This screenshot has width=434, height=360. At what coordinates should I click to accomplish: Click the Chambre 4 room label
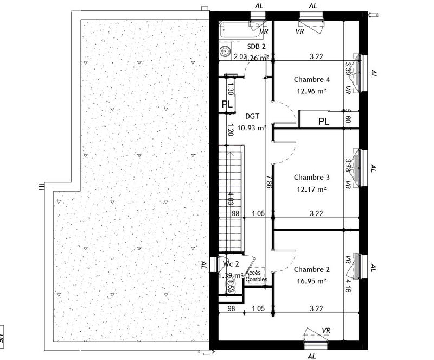311,79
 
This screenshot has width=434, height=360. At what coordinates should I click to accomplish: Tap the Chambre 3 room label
311,177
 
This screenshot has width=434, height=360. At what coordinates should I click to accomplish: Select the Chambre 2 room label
311,269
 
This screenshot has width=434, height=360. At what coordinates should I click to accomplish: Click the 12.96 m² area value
311,92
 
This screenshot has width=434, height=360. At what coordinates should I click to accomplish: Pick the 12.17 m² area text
311,190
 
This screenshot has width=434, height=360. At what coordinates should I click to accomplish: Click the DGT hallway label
252,116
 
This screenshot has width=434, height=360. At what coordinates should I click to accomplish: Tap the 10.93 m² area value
252,128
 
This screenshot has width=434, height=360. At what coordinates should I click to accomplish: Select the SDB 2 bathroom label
256,47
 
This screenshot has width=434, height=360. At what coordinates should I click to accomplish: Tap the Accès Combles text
256,276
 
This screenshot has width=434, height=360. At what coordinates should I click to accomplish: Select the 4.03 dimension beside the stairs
231,199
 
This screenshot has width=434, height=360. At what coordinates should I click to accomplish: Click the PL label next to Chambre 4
324,122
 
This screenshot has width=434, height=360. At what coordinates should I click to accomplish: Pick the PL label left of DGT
227,104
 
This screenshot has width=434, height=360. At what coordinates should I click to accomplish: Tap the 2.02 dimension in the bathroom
239,56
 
